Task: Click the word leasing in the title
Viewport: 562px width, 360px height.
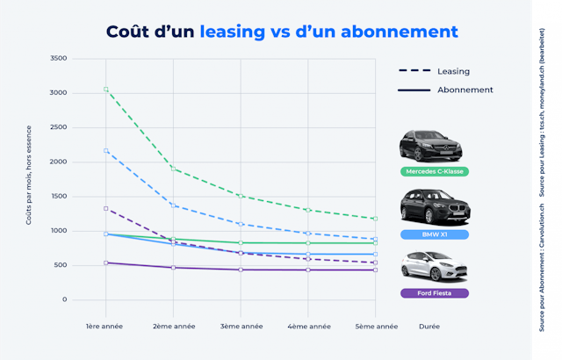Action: coord(232,32)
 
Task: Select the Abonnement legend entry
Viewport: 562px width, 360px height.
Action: coord(465,90)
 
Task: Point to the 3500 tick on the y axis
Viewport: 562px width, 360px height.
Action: coord(58,58)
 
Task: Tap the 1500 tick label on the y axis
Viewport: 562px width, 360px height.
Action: coord(58,197)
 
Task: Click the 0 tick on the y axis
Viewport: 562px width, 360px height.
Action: coord(64,299)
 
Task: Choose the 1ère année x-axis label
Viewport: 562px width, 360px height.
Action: coord(105,327)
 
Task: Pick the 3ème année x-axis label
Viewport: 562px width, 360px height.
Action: coord(241,327)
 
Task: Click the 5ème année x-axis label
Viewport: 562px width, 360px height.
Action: coord(377,327)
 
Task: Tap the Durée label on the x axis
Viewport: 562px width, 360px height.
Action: coord(429,327)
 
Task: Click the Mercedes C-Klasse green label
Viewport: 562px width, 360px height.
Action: coord(433,171)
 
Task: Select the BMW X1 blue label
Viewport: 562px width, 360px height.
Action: coord(433,234)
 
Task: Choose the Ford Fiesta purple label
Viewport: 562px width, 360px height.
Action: coord(433,293)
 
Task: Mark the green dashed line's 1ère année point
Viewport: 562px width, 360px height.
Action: coord(106,90)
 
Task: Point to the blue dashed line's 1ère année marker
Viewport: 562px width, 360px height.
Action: coord(106,151)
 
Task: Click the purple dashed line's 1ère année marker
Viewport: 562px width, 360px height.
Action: coord(106,209)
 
